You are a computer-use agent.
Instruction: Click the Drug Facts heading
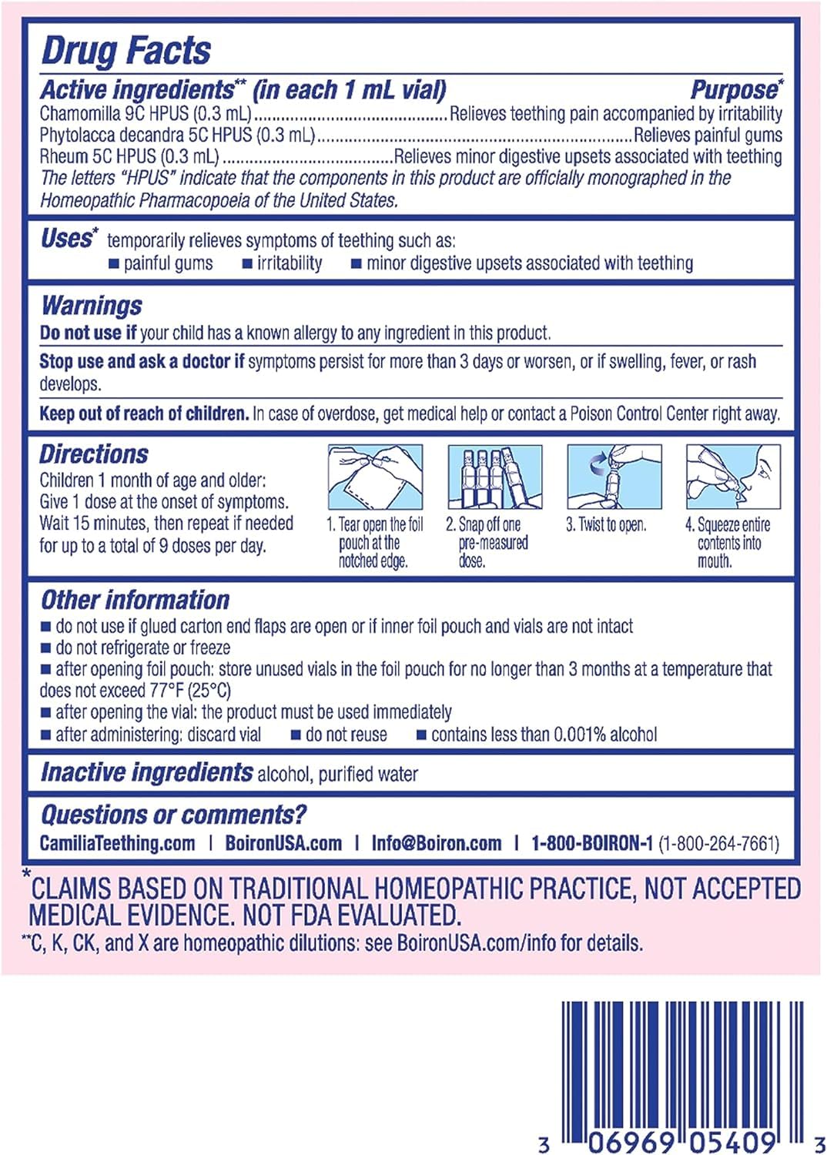126,51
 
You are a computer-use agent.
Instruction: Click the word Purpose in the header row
734,90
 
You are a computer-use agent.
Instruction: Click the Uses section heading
67,239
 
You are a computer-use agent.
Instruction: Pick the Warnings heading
92,306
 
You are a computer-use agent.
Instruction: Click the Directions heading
94,454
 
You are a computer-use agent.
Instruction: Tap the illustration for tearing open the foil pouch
375,477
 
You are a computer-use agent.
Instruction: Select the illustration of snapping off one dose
494,477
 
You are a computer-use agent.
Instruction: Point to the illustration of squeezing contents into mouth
733,477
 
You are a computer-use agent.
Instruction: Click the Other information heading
135,600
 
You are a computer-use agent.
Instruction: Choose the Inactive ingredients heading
146,772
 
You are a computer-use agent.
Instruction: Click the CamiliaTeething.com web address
117,843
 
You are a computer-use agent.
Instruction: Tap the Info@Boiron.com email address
436,843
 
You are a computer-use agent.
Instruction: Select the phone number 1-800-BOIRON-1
591,843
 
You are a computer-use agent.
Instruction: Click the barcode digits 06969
631,1142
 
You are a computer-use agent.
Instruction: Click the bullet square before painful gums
114,264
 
